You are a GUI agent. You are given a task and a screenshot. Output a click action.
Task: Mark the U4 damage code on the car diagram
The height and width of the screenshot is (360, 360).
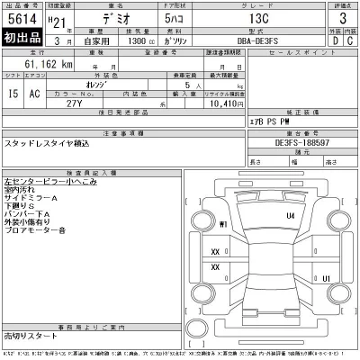tap(290, 216)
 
